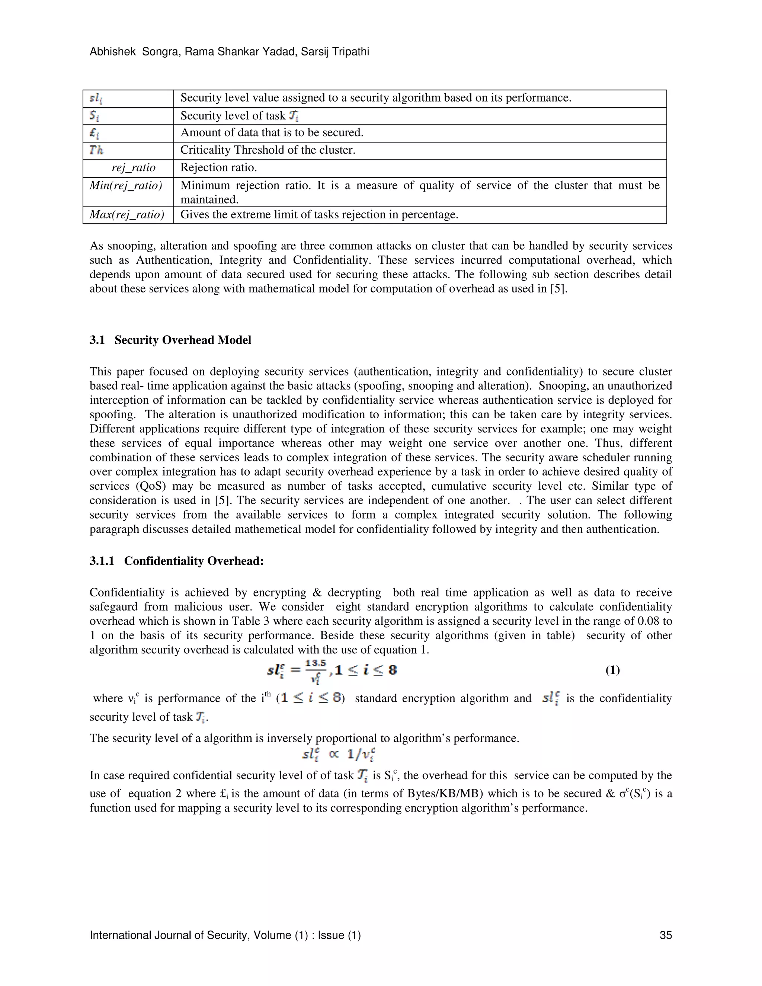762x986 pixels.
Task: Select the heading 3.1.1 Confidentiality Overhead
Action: [176, 561]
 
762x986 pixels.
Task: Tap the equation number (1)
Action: [612, 670]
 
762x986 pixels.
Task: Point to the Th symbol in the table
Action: [96, 150]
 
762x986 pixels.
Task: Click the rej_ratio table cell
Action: [133, 168]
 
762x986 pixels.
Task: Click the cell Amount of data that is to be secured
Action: [272, 133]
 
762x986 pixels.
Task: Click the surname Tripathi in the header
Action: [350, 52]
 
